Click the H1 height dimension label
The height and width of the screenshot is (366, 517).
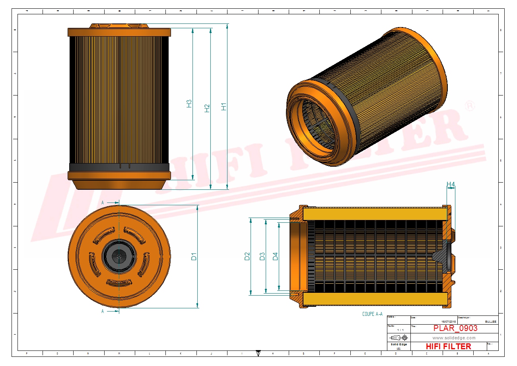point(224,107)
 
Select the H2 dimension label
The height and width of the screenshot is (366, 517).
point(207,108)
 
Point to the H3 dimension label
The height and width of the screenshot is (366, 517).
point(189,103)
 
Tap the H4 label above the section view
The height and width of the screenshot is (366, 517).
point(451,184)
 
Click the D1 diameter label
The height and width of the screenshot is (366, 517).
point(194,257)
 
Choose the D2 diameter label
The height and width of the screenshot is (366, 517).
point(247,257)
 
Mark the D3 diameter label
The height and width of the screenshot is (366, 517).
point(262,257)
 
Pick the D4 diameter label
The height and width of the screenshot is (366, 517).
point(275,257)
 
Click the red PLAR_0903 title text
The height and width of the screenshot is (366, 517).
point(455,328)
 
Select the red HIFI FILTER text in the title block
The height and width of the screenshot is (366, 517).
point(448,347)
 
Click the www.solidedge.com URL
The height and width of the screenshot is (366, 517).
point(454,338)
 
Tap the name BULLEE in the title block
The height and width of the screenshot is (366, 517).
point(491,321)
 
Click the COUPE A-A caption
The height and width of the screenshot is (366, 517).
point(372,314)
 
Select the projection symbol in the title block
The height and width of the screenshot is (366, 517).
point(399,337)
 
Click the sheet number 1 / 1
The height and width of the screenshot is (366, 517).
point(400,330)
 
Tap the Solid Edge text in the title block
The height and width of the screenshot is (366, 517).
point(398,344)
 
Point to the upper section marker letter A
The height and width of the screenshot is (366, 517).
point(103,202)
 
